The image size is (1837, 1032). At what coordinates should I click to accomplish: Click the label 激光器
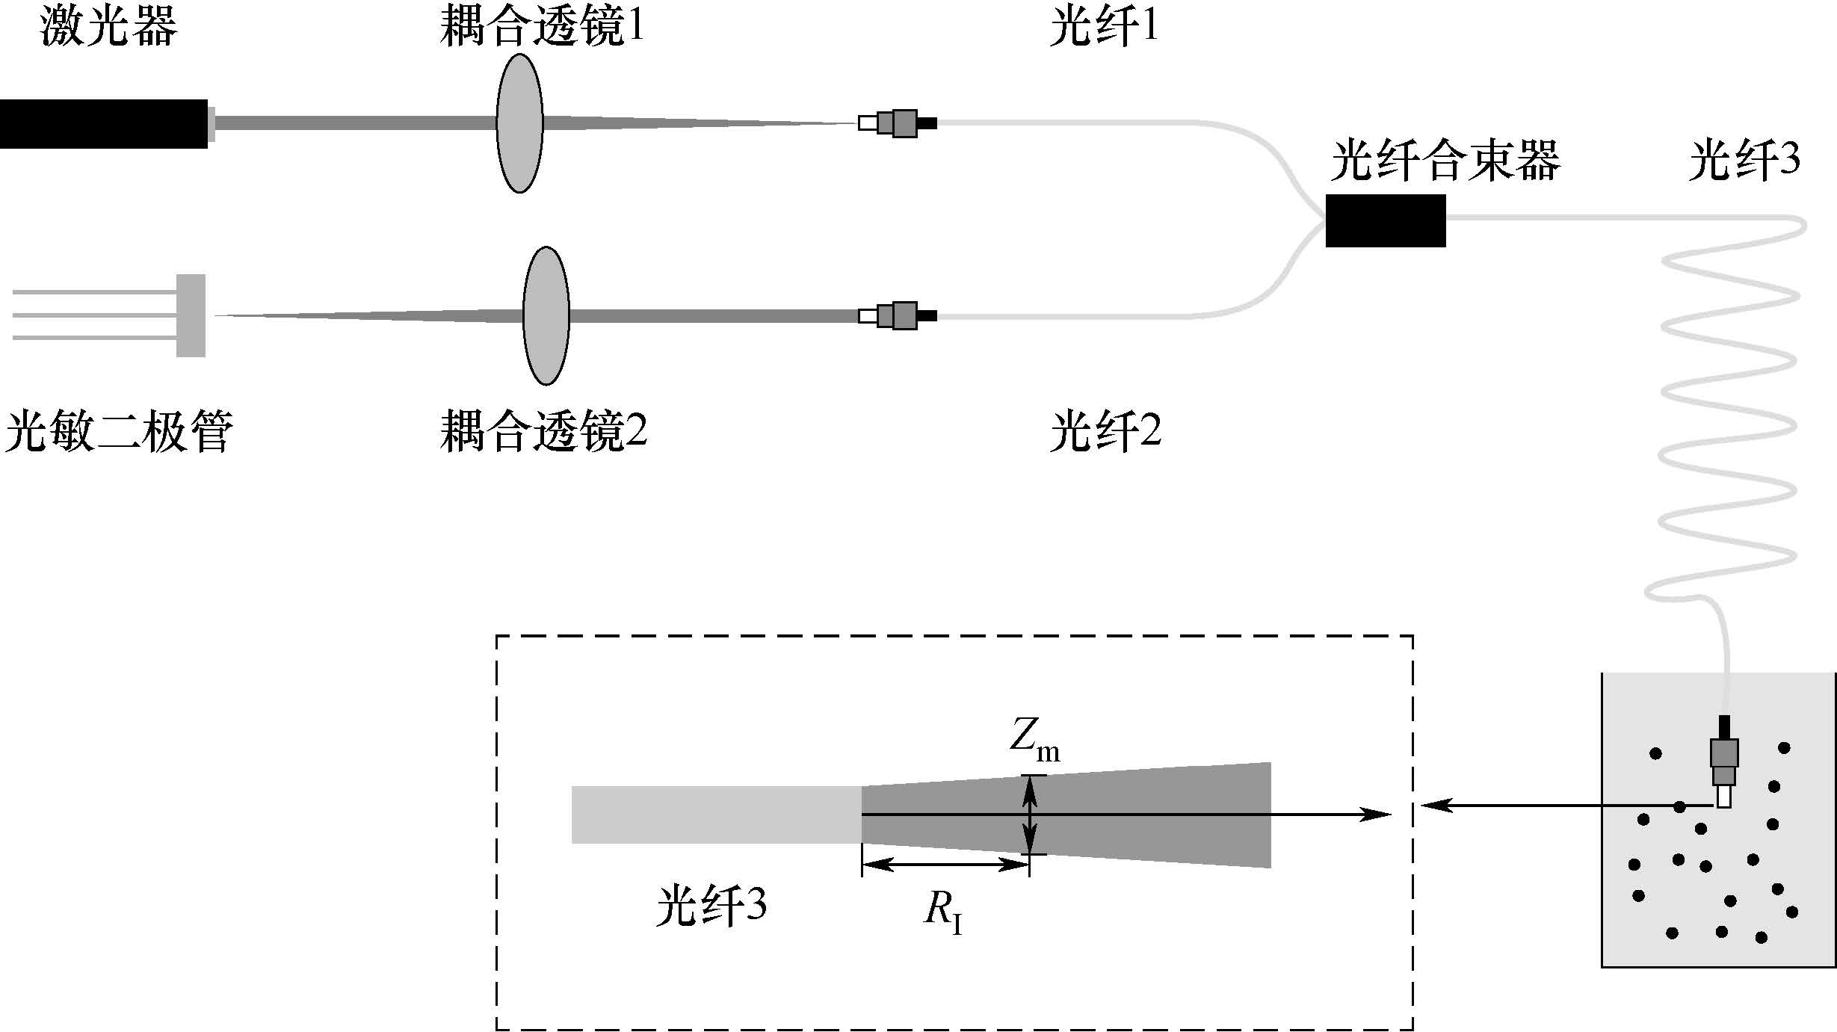click(x=108, y=28)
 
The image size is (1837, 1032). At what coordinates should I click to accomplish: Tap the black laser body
click(x=103, y=124)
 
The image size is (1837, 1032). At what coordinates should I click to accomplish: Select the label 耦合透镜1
click(x=542, y=28)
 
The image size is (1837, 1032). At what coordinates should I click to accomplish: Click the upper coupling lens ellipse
click(x=519, y=123)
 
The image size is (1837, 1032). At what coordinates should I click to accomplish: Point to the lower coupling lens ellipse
click(x=546, y=315)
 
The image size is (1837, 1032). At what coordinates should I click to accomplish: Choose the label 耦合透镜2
click(x=543, y=432)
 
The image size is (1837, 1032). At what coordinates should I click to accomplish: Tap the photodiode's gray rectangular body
click(x=191, y=315)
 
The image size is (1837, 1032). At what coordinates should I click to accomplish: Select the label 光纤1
click(x=1103, y=28)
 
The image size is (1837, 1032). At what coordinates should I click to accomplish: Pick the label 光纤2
click(x=1105, y=432)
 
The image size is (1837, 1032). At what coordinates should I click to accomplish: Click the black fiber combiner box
click(x=1385, y=220)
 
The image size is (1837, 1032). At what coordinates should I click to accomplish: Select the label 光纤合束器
click(x=1445, y=161)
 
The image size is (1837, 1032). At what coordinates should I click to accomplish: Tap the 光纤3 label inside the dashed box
click(x=711, y=906)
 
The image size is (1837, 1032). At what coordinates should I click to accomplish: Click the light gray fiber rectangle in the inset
click(x=716, y=815)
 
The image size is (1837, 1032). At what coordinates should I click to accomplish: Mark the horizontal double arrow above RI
click(x=945, y=865)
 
